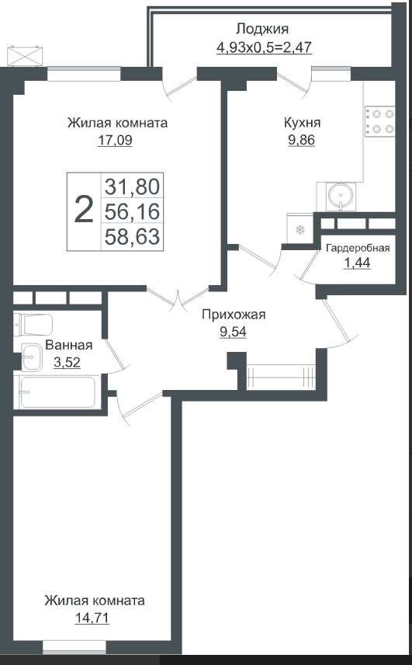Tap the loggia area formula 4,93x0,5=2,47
tap(265, 47)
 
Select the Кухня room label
tap(302, 124)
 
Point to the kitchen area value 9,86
tap(302, 140)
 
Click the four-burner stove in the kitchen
tap(380, 121)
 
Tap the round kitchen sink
tap(341, 196)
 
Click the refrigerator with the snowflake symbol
tap(299, 229)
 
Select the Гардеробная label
tap(358, 249)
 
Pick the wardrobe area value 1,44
tap(357, 263)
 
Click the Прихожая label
tap(234, 315)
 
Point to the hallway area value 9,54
tap(233, 332)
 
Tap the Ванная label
tap(68, 345)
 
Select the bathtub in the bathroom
tap(57, 392)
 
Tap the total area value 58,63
tap(132, 236)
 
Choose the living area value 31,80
tap(132, 186)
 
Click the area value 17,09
tap(115, 141)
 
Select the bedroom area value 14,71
tap(92, 618)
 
